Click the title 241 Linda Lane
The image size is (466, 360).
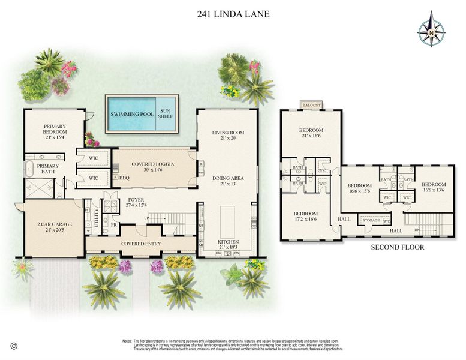click(233, 13)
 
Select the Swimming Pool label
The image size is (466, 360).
click(131, 113)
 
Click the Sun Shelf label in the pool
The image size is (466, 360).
click(165, 113)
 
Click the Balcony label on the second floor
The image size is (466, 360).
click(312, 106)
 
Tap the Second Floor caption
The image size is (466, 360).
click(397, 247)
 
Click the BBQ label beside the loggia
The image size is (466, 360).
click(124, 178)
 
